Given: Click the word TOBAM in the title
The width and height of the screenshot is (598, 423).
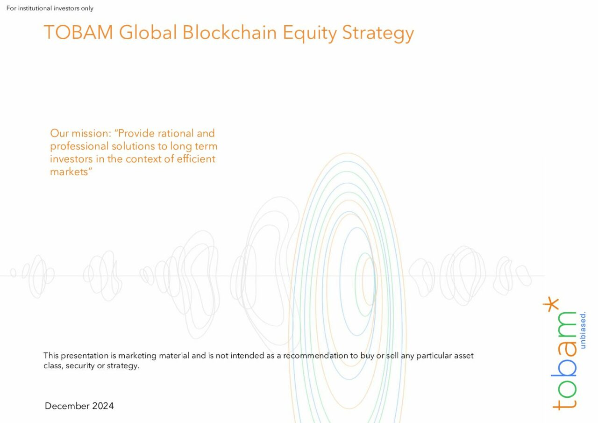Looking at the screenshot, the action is tap(78, 32).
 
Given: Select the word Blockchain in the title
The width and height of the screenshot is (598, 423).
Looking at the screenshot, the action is tap(229, 32).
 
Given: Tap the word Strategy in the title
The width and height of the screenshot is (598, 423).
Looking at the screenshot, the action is tap(378, 33).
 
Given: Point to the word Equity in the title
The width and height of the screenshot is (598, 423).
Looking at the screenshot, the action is tap(309, 33).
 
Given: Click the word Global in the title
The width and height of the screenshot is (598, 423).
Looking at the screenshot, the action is tap(148, 32).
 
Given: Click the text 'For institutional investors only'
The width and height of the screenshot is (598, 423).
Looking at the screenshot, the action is tap(50, 8).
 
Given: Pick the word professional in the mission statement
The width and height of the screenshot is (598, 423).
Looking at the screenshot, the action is tap(79, 147).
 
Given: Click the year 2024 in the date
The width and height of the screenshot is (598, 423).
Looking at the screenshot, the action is tap(103, 406).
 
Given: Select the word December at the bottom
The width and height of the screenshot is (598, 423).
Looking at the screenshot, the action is tap(67, 406).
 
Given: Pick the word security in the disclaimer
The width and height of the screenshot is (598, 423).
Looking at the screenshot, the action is tap(80, 366).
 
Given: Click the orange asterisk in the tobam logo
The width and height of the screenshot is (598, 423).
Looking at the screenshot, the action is tap(551, 304).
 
